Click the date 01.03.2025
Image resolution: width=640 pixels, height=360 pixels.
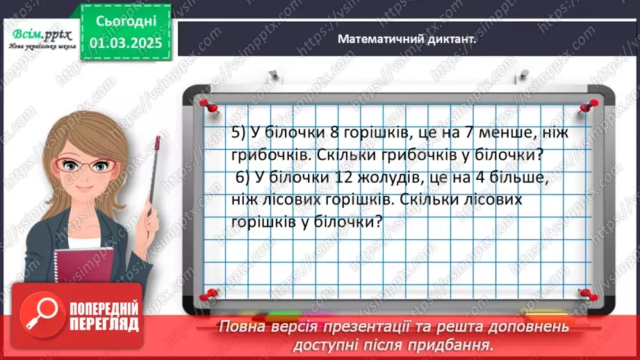point(126,42)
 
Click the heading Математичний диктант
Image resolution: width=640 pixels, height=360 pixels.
point(407,40)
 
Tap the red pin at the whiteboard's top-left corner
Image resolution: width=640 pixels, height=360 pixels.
point(206,105)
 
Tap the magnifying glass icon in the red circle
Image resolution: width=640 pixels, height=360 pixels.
point(39,316)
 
